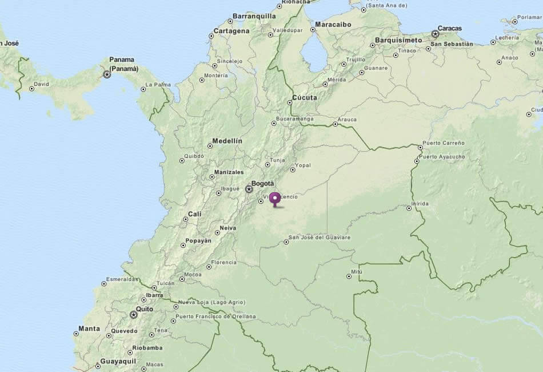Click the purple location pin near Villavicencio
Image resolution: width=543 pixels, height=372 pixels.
click(x=275, y=199)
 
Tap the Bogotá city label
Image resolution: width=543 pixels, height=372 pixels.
click(x=263, y=184)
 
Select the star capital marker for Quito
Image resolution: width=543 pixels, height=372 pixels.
click(x=134, y=314)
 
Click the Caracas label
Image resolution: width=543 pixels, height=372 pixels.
click(x=450, y=28)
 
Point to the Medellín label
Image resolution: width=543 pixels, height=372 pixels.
click(x=227, y=141)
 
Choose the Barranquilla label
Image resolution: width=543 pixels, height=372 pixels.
click(x=254, y=16)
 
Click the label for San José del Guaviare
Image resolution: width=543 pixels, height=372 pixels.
click(x=320, y=237)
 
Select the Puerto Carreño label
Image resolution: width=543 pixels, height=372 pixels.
click(x=444, y=143)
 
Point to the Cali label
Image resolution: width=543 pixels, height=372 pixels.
click(x=195, y=214)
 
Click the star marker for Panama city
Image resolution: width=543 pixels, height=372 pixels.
click(x=107, y=74)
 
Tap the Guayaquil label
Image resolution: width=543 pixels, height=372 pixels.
click(x=118, y=361)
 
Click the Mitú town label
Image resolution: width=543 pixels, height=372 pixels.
click(x=357, y=271)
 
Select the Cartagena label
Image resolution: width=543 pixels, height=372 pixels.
click(x=231, y=31)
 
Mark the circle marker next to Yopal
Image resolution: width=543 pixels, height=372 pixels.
click(x=293, y=169)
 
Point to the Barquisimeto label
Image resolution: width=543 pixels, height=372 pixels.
click(x=398, y=41)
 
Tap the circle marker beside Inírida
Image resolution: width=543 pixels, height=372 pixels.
click(x=409, y=208)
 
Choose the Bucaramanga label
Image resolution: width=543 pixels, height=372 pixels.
click(x=294, y=119)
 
